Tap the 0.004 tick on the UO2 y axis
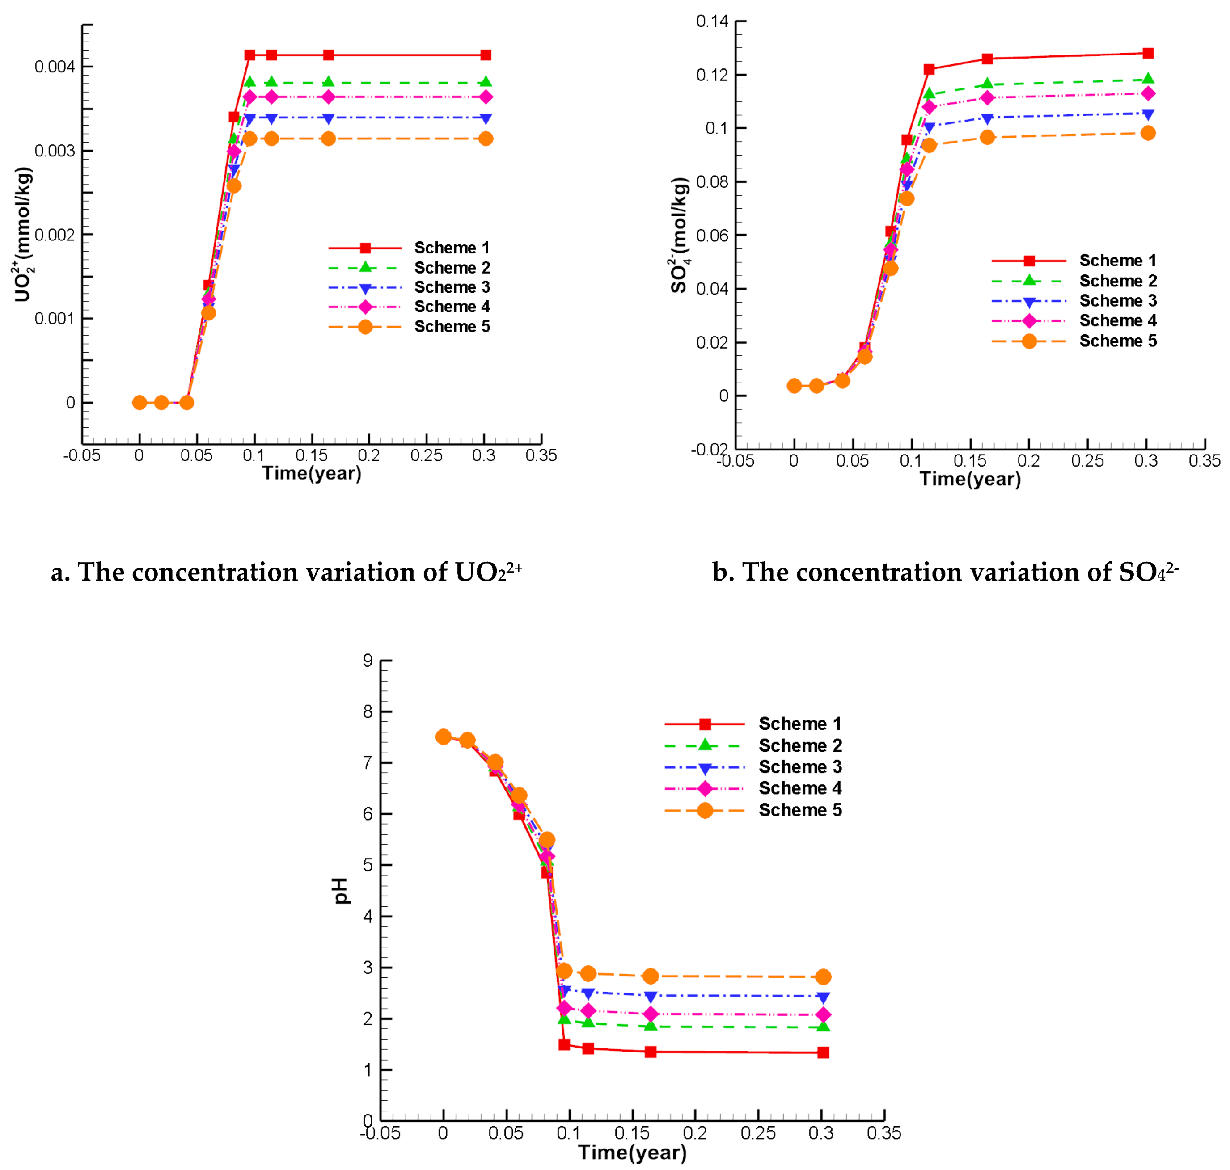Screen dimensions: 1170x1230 (x=54, y=67)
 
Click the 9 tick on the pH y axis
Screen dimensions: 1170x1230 (x=368, y=661)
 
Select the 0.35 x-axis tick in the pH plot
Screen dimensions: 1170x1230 (x=883, y=1132)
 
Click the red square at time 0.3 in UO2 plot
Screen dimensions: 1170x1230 (x=486, y=55)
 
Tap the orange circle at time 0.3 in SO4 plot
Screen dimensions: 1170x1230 (x=1147, y=133)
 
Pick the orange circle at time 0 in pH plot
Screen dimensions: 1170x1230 (x=443, y=737)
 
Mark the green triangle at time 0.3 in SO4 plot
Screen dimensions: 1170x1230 (x=1147, y=79)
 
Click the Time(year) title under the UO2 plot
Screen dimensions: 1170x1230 (x=311, y=473)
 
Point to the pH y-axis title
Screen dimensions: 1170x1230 (x=341, y=891)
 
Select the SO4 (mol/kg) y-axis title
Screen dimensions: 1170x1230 (x=680, y=235)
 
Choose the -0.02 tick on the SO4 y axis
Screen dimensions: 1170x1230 (x=709, y=449)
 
